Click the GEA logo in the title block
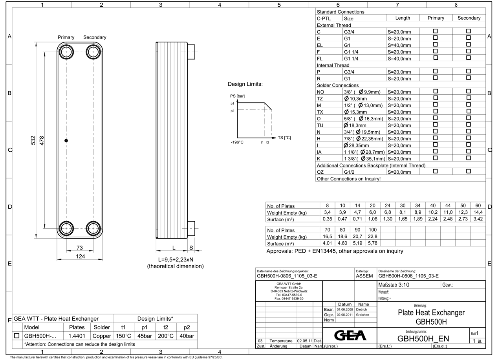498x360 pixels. (350, 335)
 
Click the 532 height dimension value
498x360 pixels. (33, 140)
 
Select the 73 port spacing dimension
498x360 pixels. (80, 248)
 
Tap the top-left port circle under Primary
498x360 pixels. (66, 51)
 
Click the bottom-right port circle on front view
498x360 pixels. (93, 228)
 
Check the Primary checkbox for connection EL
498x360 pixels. (435, 44)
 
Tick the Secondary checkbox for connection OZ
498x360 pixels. (468, 171)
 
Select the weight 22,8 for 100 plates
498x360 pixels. (373, 237)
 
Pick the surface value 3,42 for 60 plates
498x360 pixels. (478, 219)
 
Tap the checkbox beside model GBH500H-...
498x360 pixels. (17, 336)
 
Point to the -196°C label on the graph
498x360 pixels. (237, 142)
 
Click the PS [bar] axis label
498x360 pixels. (237, 96)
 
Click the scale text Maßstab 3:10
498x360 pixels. (394, 285)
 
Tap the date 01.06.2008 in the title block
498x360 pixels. (344, 310)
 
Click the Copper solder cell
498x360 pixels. (102, 336)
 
